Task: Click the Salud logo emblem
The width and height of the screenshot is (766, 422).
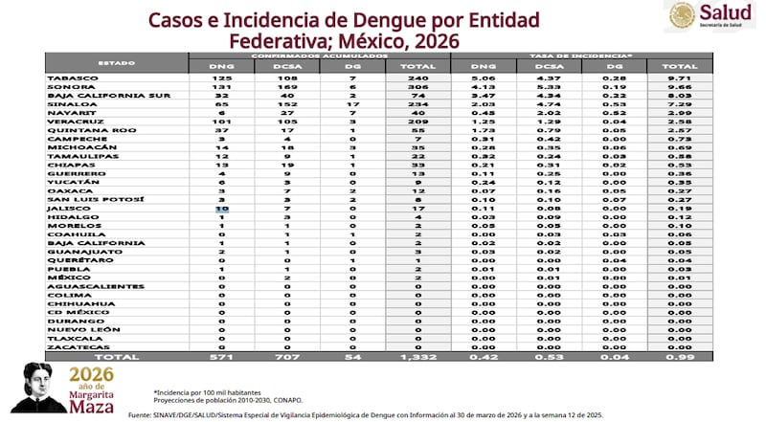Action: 682,15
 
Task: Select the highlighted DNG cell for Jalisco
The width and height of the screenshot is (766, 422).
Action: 222,207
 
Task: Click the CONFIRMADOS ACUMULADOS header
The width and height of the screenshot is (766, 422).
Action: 321,56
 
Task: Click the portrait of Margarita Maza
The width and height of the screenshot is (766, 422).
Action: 38,387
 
